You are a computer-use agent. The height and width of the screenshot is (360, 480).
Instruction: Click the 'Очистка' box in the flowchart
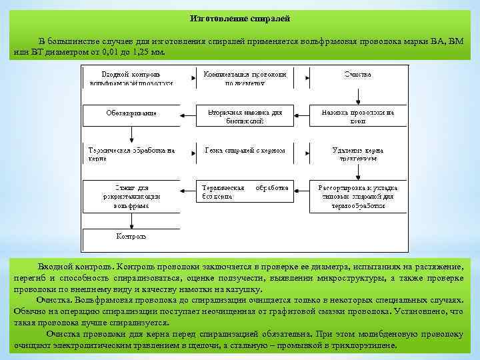[357, 75]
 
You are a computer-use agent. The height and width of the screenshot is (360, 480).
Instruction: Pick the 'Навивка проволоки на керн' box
[357, 117]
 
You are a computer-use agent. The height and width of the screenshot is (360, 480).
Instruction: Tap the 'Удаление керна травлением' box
[357, 155]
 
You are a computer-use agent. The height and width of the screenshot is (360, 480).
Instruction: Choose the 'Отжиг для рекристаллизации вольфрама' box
[131, 197]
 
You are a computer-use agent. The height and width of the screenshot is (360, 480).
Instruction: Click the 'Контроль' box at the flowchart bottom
[131, 237]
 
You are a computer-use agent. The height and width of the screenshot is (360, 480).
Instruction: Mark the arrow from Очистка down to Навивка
[358, 95]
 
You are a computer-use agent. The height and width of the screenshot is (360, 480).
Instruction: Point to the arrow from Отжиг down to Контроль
[131, 221]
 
